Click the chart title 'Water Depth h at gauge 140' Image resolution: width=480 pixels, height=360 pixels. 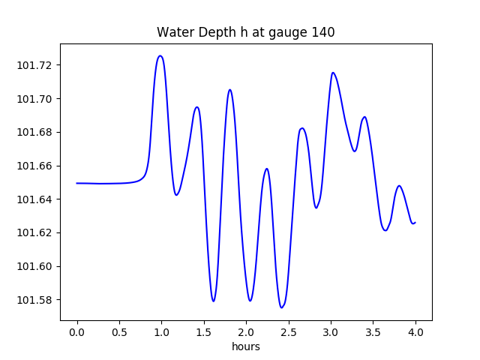coord(245,33)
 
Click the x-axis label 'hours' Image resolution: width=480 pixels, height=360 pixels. coord(246,347)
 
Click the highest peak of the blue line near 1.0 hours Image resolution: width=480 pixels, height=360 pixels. coord(160,55)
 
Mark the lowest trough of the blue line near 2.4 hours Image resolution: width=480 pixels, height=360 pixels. coord(281,307)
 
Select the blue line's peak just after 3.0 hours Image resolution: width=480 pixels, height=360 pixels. coord(333,73)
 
